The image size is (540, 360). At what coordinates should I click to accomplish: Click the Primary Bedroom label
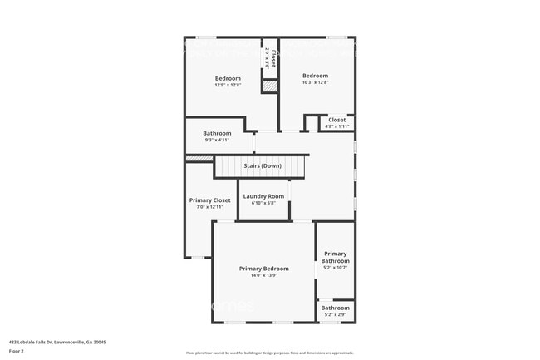pos(264,269)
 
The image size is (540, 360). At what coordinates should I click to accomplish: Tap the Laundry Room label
pos(263,196)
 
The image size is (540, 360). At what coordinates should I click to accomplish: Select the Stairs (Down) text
pos(263,166)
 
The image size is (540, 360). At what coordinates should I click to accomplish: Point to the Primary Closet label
pos(210,200)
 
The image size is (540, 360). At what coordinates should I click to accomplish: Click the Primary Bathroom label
pos(336,257)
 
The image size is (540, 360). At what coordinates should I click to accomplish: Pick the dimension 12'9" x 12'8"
pos(228,85)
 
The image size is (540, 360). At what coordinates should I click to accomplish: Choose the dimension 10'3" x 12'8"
pos(315,82)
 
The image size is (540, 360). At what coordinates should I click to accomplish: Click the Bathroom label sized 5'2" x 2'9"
pos(336,308)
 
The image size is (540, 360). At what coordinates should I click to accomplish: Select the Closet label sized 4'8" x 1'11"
pos(337,120)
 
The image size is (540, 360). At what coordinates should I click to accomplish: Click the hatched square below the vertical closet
pos(270,86)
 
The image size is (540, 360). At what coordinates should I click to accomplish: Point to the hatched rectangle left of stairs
pos(199,158)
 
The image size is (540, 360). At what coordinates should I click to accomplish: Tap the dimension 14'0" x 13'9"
pos(264,275)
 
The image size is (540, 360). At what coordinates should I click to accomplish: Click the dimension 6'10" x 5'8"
pos(263,203)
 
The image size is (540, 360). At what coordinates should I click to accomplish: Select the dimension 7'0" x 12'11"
pos(210,207)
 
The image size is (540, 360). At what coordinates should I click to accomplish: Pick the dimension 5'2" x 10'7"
pos(336,268)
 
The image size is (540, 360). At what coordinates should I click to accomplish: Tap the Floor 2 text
pos(17,351)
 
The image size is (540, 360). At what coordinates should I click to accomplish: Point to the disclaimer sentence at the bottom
pos(270,353)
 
